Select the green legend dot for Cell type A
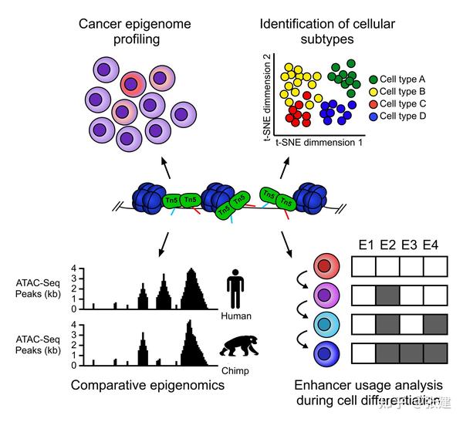[373, 79]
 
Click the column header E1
[365, 246]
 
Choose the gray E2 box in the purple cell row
[389, 295]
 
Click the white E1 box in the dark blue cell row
[365, 353]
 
